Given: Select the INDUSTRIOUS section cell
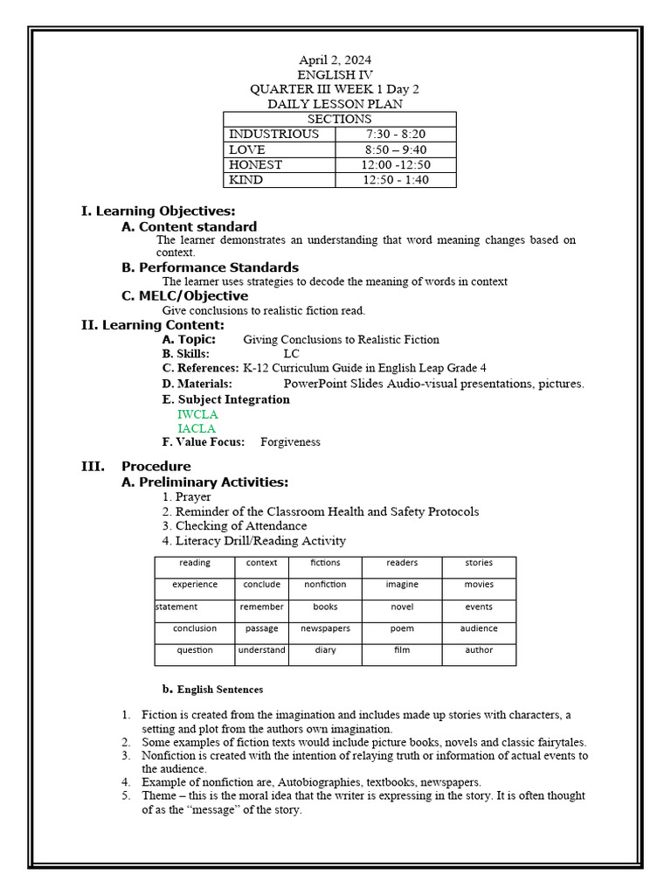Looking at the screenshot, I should [x=273, y=135].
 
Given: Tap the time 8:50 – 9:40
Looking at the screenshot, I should [x=395, y=149].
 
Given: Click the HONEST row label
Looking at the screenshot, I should [x=255, y=165].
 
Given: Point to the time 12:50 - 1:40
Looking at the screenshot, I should [x=396, y=180].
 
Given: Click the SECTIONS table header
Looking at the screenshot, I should [x=339, y=119].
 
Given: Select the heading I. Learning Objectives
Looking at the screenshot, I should [x=158, y=211].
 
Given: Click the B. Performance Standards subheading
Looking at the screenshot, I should [x=210, y=267].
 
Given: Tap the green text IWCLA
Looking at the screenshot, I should [x=197, y=414].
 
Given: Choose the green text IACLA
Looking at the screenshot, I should [x=197, y=428].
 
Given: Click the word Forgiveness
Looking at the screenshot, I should [x=290, y=442].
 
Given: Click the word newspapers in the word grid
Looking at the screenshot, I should [x=325, y=628].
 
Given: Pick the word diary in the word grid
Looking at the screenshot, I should [x=325, y=650].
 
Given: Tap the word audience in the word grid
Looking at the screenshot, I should [x=479, y=628].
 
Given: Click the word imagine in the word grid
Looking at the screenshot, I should [x=402, y=585].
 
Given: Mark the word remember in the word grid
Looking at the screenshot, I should [x=261, y=607].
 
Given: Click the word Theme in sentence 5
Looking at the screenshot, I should [x=159, y=796].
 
